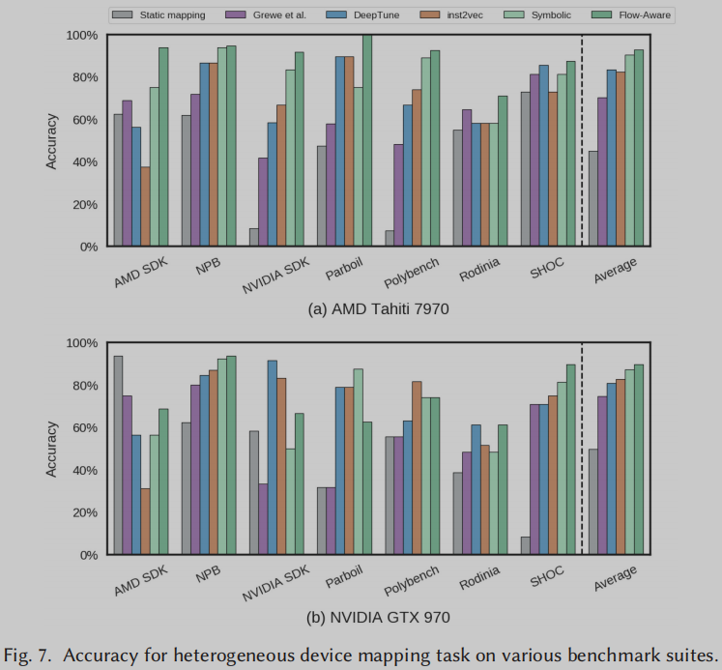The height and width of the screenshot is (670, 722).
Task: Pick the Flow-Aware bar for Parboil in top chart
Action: click(x=366, y=141)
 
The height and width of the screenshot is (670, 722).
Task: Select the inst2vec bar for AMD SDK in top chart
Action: click(x=145, y=207)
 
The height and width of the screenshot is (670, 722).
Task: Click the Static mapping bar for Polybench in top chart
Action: click(x=390, y=239)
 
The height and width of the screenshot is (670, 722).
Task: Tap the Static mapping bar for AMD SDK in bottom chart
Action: click(x=118, y=455)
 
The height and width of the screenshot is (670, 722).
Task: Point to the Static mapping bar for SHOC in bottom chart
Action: click(x=525, y=546)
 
